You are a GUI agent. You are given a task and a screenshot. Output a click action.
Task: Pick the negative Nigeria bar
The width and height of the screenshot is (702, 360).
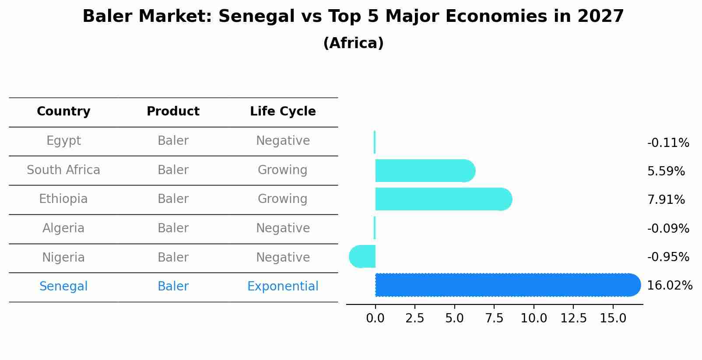pos(363,256)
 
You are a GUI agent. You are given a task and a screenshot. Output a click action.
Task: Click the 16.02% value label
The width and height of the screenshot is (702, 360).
pos(669,286)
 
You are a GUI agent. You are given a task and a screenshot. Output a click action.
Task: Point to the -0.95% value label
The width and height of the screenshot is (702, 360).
pos(668,257)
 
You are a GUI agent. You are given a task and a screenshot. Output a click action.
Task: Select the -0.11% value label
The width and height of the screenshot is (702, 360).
pos(668,143)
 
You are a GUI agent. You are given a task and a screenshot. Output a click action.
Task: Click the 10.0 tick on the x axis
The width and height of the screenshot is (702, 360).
pos(534,318)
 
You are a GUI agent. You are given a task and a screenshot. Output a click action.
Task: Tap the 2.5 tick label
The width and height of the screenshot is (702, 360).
pos(414,318)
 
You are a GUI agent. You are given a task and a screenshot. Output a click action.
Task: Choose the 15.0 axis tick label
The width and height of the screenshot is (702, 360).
pos(613,318)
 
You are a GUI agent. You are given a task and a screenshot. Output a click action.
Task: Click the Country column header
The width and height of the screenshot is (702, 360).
pos(63,112)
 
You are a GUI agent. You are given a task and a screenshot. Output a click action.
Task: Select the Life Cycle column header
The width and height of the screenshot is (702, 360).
pos(283,112)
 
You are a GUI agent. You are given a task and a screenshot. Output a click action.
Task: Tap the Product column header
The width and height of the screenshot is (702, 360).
pos(173,112)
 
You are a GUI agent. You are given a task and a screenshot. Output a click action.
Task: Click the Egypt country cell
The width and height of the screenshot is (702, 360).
pos(63,141)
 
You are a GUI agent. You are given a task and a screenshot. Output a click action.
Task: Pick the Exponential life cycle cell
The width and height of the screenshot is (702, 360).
pos(283,287)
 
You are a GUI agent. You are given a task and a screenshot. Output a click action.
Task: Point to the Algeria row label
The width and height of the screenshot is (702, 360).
pos(63,228)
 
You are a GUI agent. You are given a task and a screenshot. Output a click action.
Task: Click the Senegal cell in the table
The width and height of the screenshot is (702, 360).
pos(63,287)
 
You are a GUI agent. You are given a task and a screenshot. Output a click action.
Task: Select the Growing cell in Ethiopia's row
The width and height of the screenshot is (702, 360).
pos(283,199)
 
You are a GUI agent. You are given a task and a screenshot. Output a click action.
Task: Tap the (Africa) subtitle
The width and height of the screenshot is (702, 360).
pos(353,43)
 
